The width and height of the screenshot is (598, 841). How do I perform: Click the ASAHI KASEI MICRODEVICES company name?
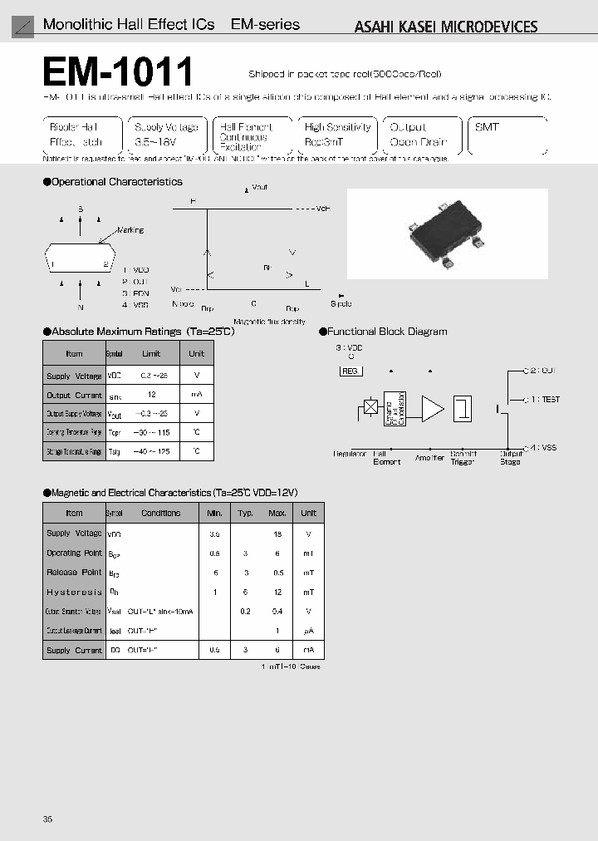tap(446, 27)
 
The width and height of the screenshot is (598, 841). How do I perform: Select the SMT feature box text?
tap(487, 127)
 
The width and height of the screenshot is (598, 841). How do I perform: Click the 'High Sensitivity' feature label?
tap(337, 127)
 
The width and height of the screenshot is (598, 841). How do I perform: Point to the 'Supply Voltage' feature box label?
tap(166, 127)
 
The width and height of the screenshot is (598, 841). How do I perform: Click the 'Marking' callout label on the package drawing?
tap(130, 230)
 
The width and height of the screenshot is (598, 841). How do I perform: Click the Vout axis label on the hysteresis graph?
tap(260, 189)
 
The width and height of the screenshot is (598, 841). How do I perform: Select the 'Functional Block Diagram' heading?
tap(388, 332)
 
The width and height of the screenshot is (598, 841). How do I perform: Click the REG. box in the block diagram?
tap(350, 371)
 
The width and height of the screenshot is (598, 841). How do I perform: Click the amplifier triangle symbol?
tap(432, 408)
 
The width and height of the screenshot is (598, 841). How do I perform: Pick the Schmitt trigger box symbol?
tap(463, 408)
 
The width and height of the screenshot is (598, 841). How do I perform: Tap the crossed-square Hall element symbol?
tap(370, 408)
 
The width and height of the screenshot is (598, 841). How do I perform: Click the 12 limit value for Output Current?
tap(150, 396)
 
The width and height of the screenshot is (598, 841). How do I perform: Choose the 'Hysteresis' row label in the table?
tap(74, 592)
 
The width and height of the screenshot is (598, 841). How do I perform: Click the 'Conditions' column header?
tap(160, 513)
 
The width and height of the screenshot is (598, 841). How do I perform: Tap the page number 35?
tap(47, 819)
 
